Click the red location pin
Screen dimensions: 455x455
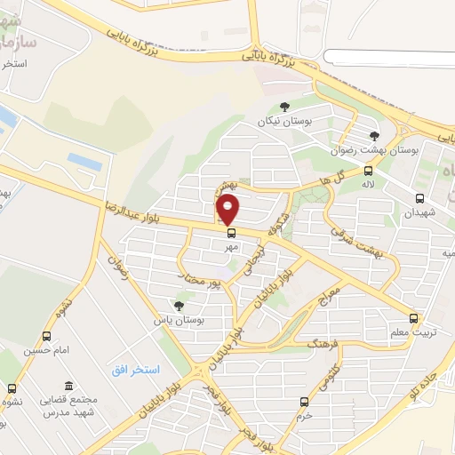pos(228,209)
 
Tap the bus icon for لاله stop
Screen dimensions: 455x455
pos(369,172)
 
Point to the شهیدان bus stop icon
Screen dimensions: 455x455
pos(419,198)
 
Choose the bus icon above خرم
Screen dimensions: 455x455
pos(305,402)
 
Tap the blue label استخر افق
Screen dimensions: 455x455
pos(135,369)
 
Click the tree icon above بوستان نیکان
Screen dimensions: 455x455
pos(283,107)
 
